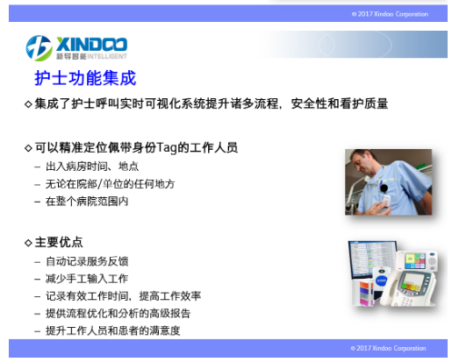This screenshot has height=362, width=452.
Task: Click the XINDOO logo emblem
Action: tap(39, 48)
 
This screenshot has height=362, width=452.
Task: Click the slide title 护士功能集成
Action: tap(85, 78)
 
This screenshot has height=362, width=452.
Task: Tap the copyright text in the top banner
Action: tap(390, 14)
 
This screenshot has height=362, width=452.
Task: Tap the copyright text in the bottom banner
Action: tap(388, 348)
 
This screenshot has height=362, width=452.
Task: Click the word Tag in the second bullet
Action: tap(167, 147)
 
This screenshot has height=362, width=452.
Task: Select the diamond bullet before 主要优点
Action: tap(28, 243)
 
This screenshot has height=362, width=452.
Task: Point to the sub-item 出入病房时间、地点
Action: tap(92, 167)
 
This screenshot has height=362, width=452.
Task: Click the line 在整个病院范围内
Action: tap(87, 202)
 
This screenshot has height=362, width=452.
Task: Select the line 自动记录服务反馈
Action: tap(87, 261)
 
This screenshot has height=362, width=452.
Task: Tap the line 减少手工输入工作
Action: tap(87, 279)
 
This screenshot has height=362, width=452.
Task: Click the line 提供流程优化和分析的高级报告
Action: tap(118, 313)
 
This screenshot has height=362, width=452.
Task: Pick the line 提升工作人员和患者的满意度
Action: tap(112, 330)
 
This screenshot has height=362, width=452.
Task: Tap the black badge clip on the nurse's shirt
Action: tap(384, 188)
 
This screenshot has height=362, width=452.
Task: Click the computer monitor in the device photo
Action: tap(371, 259)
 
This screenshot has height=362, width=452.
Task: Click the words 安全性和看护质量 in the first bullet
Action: tap(340, 103)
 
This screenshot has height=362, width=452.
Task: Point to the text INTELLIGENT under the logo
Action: tap(107, 56)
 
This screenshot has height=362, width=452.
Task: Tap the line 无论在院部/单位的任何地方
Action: tap(110, 184)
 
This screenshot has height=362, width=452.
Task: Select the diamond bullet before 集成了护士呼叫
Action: tap(28, 104)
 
